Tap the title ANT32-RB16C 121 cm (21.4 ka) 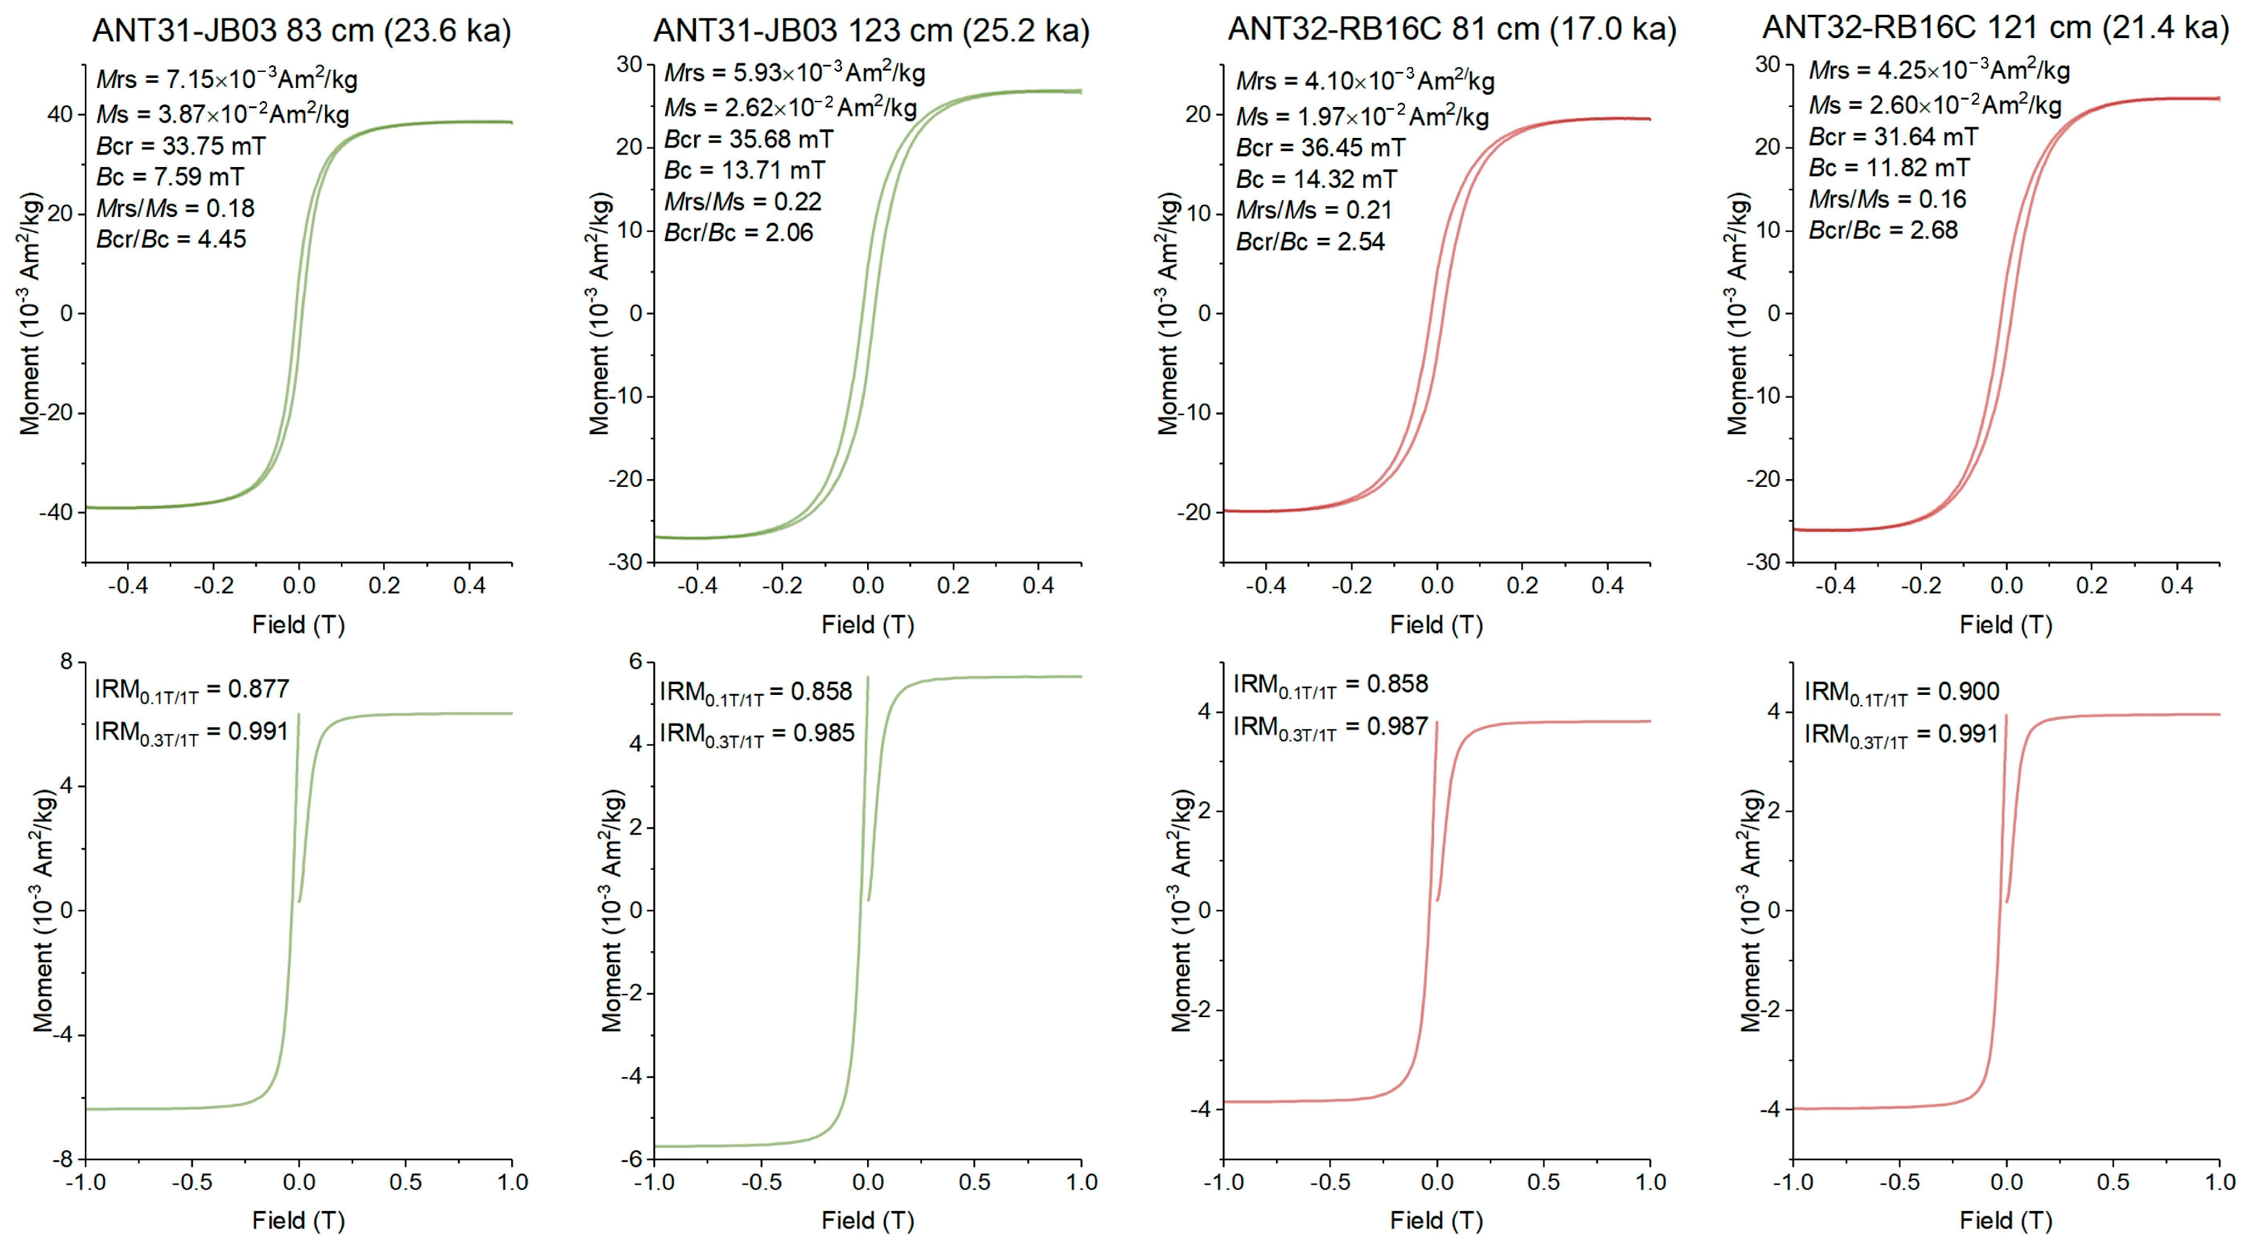1996,28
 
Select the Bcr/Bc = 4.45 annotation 171,239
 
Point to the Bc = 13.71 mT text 744,170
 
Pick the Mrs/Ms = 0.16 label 1887,200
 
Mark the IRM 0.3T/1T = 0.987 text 1330,728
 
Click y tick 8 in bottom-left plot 67,662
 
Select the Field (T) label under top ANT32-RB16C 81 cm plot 1436,625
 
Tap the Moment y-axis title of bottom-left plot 43,910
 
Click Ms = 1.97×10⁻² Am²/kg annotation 1362,116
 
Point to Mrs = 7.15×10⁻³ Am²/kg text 227,80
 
